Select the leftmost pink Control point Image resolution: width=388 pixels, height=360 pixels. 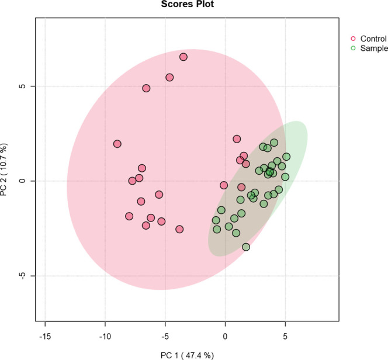coord(117,144)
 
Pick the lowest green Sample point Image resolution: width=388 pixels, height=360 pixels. coord(246,247)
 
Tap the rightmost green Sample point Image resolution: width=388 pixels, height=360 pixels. coord(286,157)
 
